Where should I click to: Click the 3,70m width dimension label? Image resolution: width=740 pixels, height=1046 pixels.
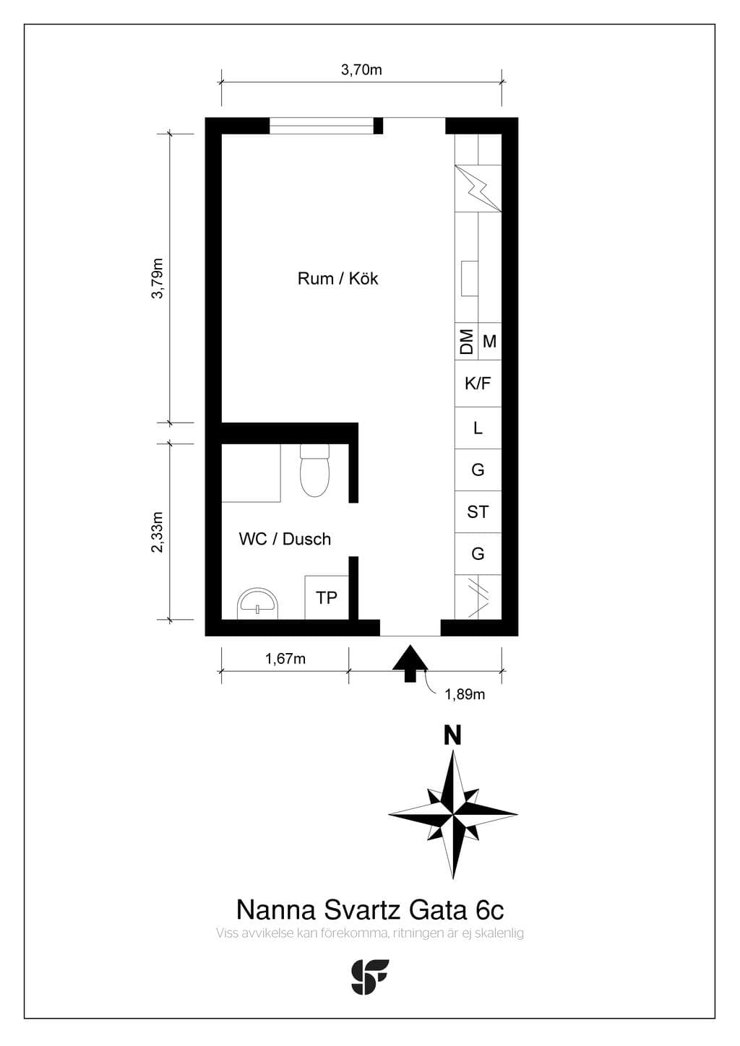[361, 70]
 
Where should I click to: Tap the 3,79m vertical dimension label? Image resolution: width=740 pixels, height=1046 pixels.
[158, 278]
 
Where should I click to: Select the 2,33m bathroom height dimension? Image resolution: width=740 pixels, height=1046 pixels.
[158, 532]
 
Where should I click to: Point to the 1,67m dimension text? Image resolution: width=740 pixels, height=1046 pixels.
[285, 659]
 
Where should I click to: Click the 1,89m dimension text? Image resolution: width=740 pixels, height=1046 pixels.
[465, 695]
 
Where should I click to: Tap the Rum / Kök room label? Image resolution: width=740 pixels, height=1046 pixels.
[337, 279]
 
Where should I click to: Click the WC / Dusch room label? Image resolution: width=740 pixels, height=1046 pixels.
[285, 539]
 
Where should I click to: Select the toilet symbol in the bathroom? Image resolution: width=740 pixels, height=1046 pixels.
[314, 470]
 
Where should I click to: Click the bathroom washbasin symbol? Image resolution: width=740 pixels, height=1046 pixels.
[257, 603]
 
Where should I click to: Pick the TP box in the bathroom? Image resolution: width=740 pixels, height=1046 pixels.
[327, 597]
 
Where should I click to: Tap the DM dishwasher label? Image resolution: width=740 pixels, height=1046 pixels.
[466, 342]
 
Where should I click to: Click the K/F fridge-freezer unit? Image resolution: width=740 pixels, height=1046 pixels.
[478, 384]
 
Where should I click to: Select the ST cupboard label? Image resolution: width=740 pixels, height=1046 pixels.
[478, 512]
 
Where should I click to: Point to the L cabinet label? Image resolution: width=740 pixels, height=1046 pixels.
[478, 428]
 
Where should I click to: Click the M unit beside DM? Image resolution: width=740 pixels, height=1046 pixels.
[489, 342]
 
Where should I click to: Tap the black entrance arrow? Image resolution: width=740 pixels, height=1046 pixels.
[410, 663]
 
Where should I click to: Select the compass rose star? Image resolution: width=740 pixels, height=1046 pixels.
[452, 814]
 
